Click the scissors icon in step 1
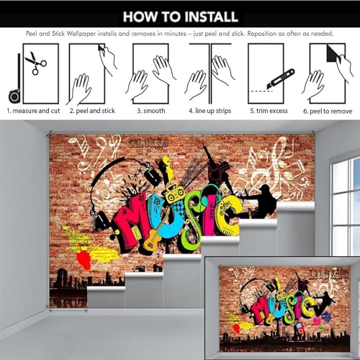coord(36,63)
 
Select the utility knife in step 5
coord(280,80)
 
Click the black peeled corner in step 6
coord(333,53)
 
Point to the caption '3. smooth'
coord(151,111)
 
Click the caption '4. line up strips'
coord(210,111)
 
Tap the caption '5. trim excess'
coord(269,111)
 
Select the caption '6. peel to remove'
coord(328,111)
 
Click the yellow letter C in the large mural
coord(228,215)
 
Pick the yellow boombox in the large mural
coord(175,192)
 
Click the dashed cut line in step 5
coord(261,91)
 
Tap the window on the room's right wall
coord(345,207)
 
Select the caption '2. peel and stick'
coord(92,111)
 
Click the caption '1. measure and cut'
coord(33,111)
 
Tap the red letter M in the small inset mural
coord(260,310)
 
